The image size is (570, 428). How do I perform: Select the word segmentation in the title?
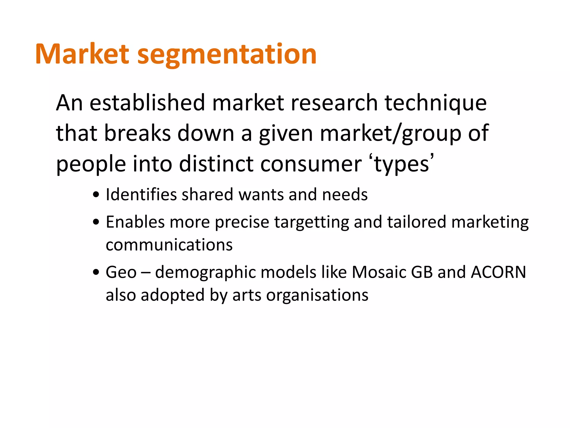click(227, 55)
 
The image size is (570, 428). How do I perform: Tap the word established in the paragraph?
click(147, 103)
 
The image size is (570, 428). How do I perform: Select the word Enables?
click(135, 222)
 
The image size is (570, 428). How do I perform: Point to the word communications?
click(169, 245)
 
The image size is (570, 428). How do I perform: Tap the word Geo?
click(121, 272)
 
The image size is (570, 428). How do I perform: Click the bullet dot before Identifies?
click(96, 195)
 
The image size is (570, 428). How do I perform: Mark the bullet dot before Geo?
click(96, 273)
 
